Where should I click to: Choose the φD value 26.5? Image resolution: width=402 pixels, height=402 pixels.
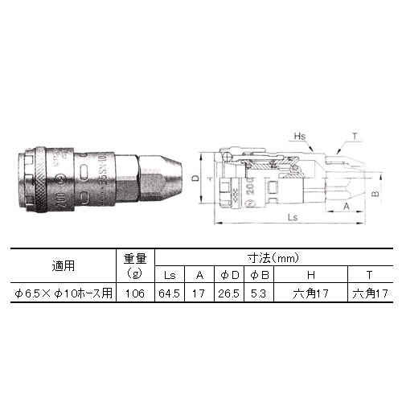click(x=228, y=295)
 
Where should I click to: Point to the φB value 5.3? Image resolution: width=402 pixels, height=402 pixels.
click(x=258, y=295)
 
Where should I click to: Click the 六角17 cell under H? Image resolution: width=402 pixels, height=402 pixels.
click(x=310, y=295)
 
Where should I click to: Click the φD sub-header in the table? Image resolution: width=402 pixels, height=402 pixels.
click(x=228, y=275)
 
